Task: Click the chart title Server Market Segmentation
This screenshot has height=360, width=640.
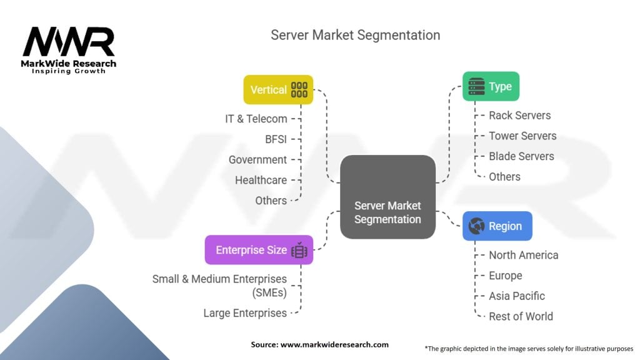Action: (355, 35)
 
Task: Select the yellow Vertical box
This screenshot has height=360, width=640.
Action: (278, 89)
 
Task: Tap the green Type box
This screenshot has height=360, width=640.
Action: (491, 87)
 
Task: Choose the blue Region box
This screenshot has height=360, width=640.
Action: (497, 226)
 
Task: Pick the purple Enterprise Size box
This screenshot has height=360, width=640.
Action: (259, 250)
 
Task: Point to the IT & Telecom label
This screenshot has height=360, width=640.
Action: (256, 119)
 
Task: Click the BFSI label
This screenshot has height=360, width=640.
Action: (275, 139)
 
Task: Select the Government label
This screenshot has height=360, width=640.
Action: (257, 159)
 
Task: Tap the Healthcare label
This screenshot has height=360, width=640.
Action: (261, 180)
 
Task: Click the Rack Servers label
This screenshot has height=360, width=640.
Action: (519, 115)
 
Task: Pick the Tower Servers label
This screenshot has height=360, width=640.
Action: (522, 136)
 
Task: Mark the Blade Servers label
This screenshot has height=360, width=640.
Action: (521, 156)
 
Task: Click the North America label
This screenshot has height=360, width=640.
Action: (523, 255)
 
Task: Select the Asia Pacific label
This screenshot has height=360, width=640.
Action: (517, 296)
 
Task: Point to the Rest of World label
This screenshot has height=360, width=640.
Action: (521, 316)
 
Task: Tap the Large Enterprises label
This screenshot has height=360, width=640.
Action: (245, 313)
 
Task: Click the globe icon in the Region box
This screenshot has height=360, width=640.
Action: (477, 226)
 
